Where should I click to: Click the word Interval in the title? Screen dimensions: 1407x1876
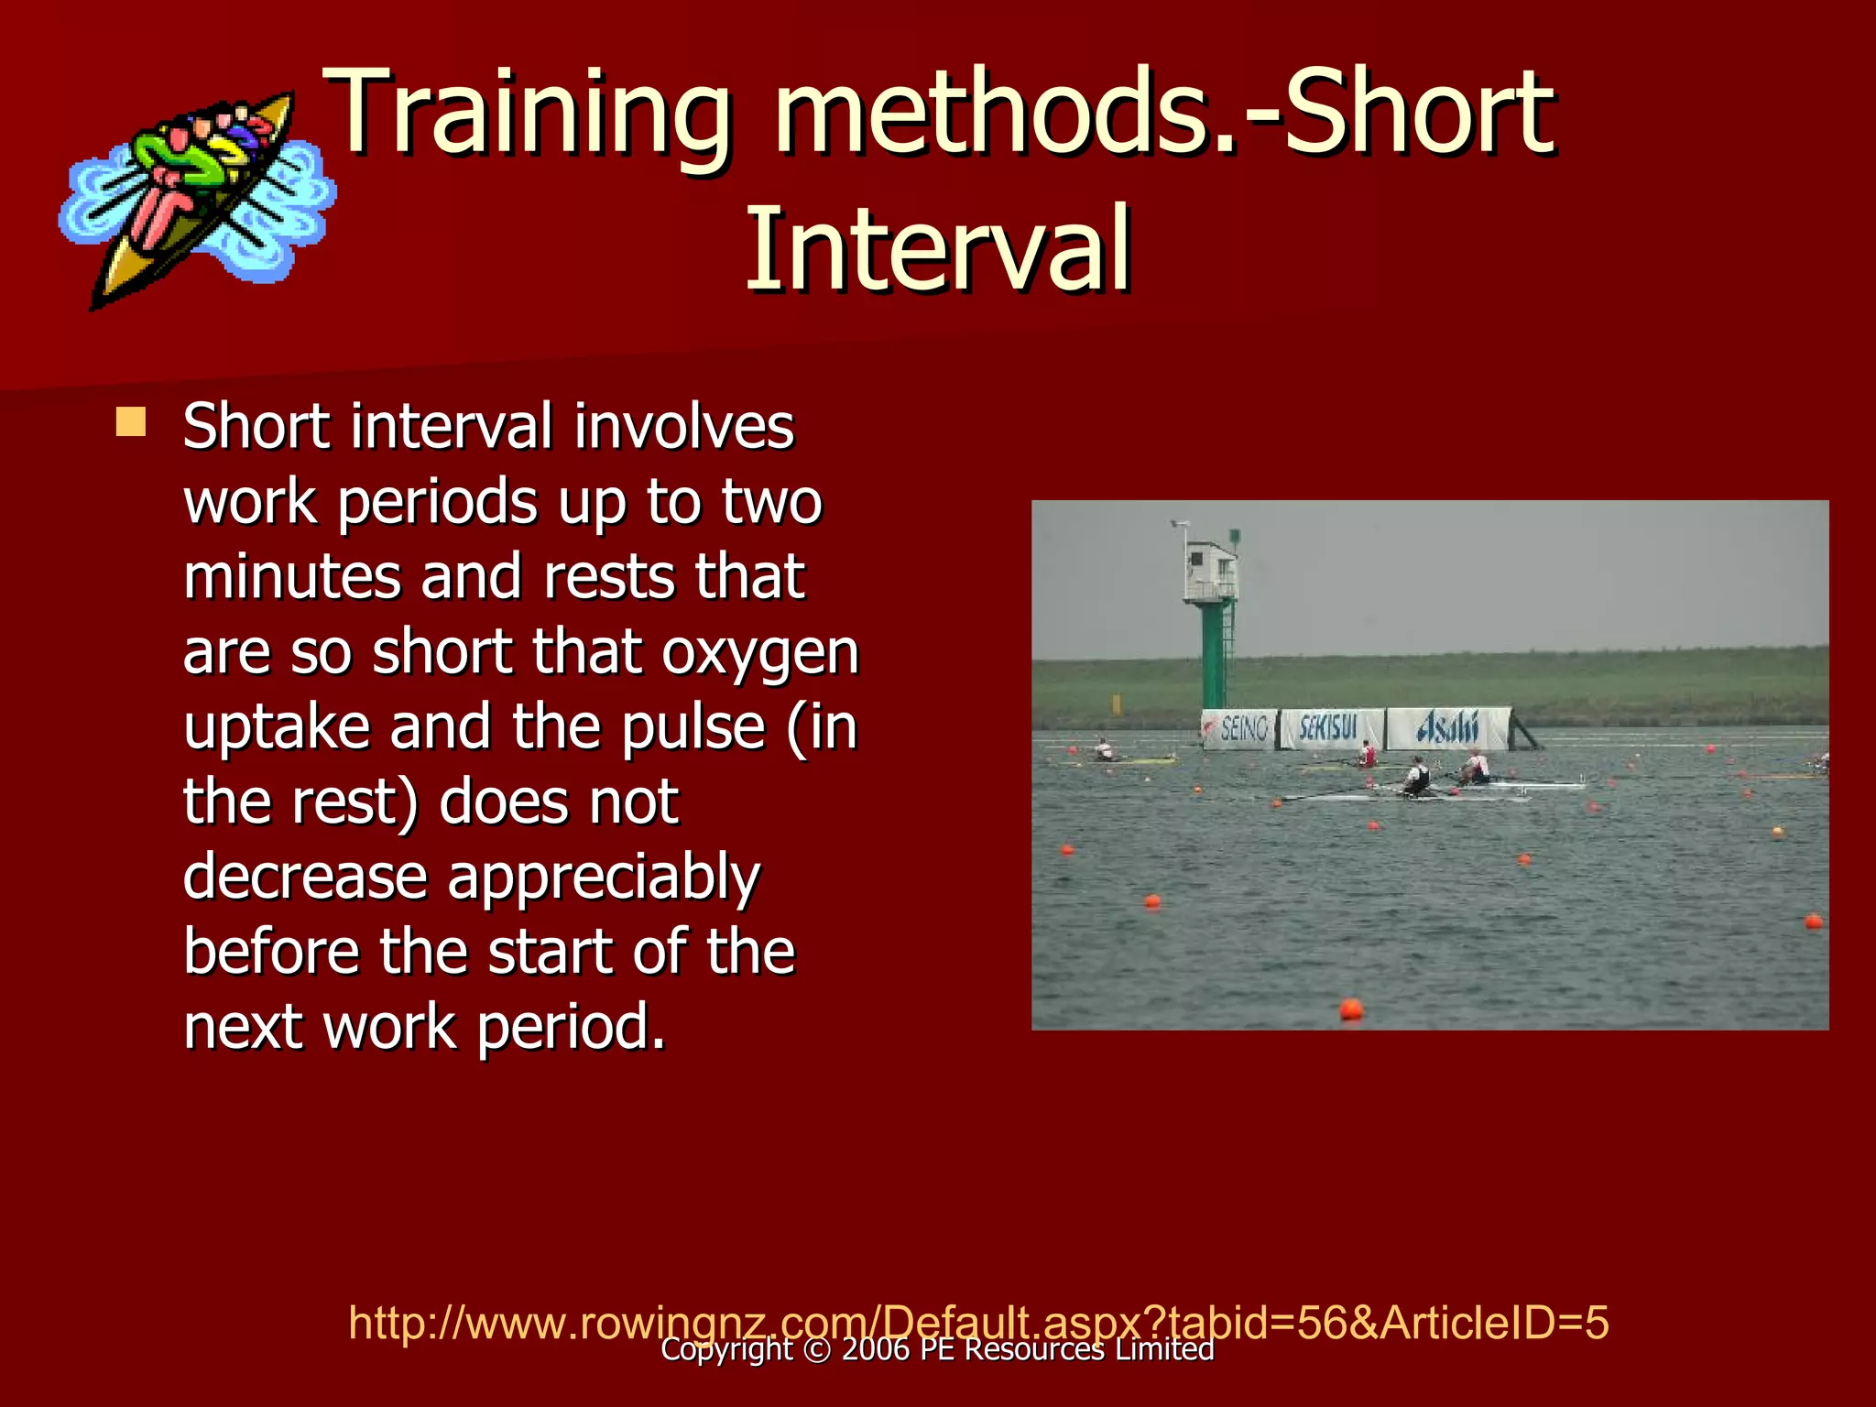point(938,249)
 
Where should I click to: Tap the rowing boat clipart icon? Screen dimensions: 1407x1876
point(197,197)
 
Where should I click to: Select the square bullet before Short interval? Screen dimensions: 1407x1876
point(131,422)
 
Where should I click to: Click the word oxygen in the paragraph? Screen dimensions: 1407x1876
point(759,653)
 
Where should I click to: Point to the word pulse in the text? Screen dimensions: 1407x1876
point(693,727)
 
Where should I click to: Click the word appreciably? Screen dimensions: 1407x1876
point(604,878)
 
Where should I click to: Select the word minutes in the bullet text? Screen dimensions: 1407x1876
point(291,577)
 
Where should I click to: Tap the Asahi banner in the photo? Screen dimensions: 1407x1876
point(1447,728)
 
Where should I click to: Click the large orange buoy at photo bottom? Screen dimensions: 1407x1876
point(1351,1009)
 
